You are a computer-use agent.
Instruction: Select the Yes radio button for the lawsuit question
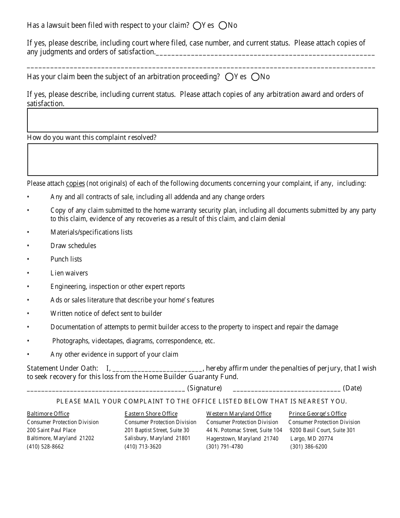pos(197,26)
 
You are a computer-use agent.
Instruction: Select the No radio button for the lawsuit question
pos(223,26)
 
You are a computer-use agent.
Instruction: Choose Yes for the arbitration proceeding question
pos(229,77)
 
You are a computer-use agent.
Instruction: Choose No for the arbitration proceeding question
pos(255,77)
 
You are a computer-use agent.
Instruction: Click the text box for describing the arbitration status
pos(203,120)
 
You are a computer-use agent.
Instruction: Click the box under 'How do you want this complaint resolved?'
pos(203,160)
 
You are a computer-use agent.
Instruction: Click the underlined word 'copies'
pos(75,184)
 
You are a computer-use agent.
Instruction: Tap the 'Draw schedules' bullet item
pos(73,246)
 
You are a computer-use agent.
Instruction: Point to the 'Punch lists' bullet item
pos(66,259)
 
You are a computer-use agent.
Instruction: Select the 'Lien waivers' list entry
pos(69,273)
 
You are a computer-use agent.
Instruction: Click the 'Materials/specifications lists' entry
pos(91,232)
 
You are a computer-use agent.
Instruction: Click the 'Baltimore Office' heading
pos(48,414)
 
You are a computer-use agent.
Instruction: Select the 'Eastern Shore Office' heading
pos(151,414)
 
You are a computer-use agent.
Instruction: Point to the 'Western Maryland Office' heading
pos(239,414)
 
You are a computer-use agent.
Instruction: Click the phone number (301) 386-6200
pos(309,446)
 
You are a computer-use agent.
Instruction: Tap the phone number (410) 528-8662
pos(45,446)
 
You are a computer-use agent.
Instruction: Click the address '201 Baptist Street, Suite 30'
pos(157,430)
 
